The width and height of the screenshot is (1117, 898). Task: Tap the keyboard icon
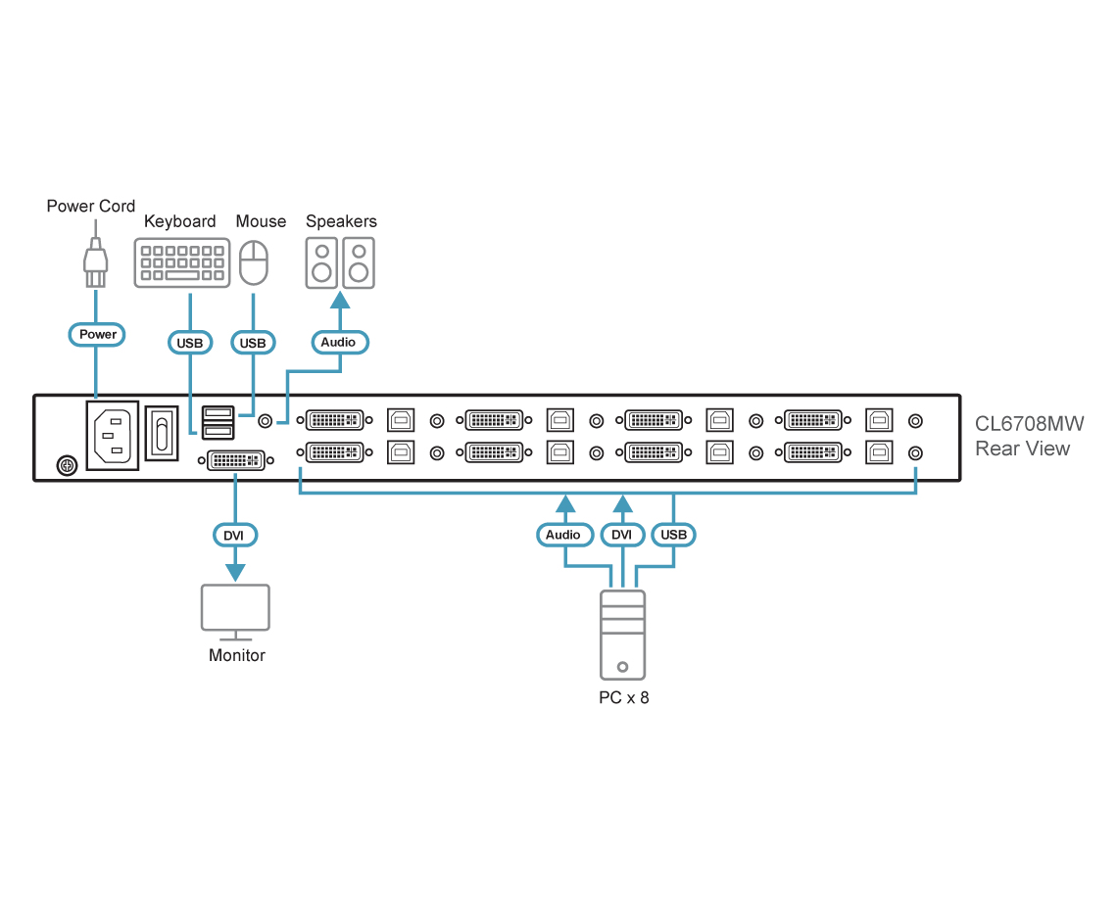(181, 262)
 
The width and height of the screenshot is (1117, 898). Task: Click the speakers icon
(340, 262)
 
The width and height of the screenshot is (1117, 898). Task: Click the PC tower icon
(623, 634)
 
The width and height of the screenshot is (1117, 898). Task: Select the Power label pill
(98, 334)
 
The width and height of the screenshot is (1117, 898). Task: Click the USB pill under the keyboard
(189, 343)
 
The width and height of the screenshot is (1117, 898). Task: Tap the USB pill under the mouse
(253, 343)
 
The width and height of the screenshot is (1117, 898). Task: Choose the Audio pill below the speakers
(339, 342)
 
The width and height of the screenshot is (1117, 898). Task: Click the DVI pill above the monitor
(234, 535)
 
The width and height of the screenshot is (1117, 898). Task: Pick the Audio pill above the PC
(563, 535)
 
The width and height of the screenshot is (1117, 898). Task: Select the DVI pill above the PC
(621, 535)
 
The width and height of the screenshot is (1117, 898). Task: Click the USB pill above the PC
(674, 535)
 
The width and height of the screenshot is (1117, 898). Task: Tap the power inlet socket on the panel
(113, 435)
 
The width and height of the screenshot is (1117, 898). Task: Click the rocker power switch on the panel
(162, 433)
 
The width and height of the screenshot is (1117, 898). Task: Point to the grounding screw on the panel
(66, 464)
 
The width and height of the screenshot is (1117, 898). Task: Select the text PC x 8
(624, 698)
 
